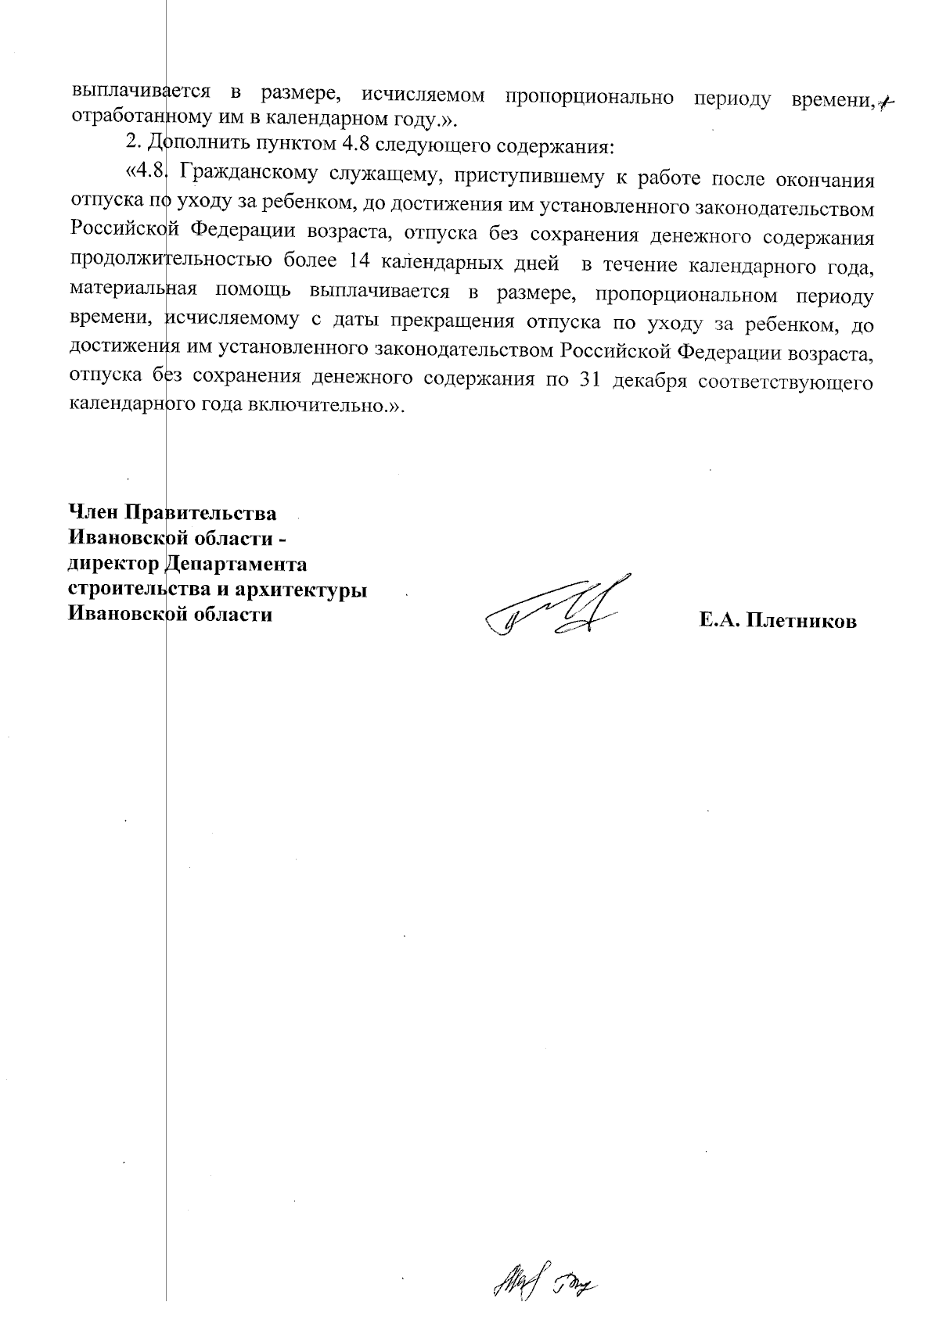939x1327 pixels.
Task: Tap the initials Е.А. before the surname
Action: (x=721, y=622)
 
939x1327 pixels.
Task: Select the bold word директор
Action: (x=113, y=564)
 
